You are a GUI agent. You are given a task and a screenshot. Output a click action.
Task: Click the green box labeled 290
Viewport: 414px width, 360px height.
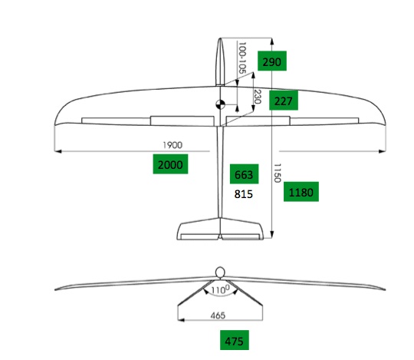[x=272, y=61]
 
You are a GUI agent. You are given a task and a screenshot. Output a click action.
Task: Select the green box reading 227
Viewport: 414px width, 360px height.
[x=284, y=101]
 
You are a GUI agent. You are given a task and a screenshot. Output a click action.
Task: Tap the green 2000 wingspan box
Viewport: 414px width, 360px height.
[x=170, y=164]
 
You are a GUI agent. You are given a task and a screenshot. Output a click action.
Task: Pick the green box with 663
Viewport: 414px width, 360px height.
[x=245, y=174]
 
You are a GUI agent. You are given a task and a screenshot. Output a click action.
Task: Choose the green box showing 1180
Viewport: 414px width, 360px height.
[x=301, y=192]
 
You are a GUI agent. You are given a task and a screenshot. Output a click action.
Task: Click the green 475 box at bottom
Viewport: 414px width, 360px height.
[x=235, y=340]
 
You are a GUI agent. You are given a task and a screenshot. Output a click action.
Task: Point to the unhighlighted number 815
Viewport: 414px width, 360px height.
[x=244, y=194]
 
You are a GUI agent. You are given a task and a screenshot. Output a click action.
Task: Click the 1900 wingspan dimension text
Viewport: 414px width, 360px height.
[x=172, y=145]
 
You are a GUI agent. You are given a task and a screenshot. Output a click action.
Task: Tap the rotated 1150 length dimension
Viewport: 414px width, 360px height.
[x=277, y=173]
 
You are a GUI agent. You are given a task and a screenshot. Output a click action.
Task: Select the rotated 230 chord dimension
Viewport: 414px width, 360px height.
[x=257, y=97]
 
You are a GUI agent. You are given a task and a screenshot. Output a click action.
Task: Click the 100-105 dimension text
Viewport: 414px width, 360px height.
[x=242, y=58]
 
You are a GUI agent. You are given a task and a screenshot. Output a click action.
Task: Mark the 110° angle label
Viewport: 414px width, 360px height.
[x=220, y=290]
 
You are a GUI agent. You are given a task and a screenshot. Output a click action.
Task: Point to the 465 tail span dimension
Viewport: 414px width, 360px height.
[x=218, y=315]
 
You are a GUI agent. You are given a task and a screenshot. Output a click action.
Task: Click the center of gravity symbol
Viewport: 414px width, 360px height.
[x=220, y=104]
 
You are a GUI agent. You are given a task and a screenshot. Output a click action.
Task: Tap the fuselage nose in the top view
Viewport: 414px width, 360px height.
[x=220, y=39]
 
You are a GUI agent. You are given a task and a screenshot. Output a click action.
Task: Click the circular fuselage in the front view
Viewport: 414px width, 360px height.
[x=220, y=272]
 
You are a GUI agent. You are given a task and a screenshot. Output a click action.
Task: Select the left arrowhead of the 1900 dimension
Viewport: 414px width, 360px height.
[x=58, y=151]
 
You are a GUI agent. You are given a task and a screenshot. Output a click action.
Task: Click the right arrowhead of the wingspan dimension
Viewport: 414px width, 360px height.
[x=382, y=151]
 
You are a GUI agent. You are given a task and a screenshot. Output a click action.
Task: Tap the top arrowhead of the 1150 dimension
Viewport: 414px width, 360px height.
[x=272, y=41]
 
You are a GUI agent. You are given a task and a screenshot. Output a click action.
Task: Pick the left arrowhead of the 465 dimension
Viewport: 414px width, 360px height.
[x=181, y=320]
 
